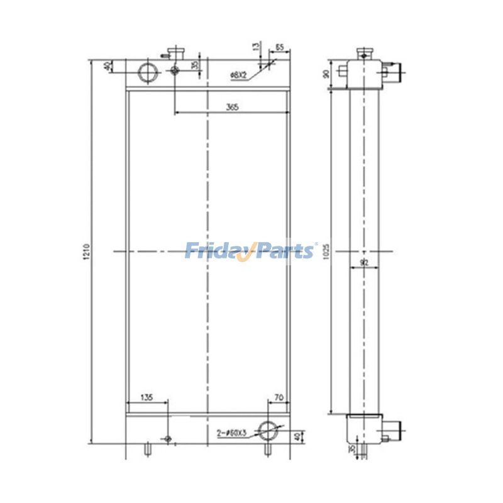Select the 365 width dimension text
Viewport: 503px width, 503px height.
pyautogui.click(x=232, y=108)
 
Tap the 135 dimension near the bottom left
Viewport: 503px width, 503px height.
pyautogui.click(x=146, y=397)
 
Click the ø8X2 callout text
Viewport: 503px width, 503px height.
pyautogui.click(x=238, y=75)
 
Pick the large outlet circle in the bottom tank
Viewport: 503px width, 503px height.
pyautogui.click(x=271, y=431)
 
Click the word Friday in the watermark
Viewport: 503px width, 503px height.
pyautogui.click(x=217, y=251)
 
